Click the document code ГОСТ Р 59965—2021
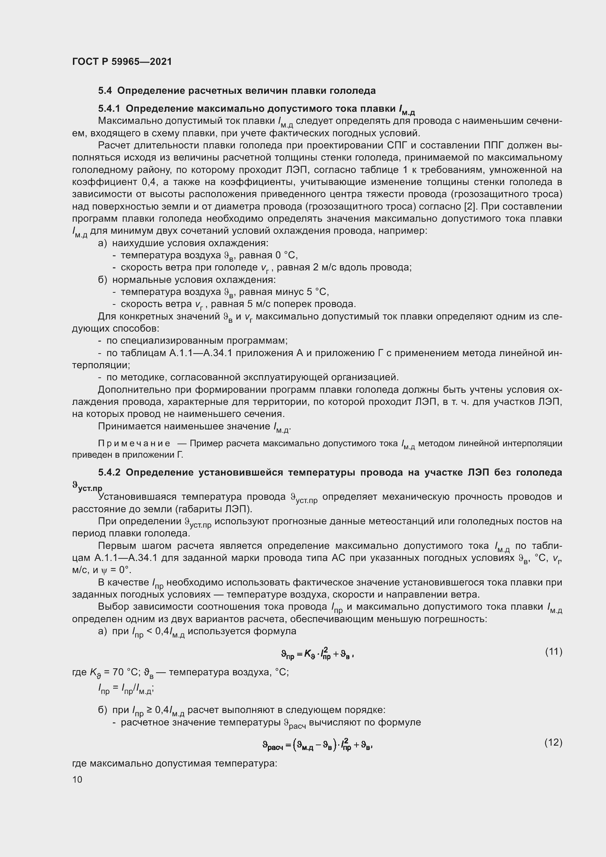pyautogui.click(x=122, y=62)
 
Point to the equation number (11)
pyautogui.click(x=553, y=652)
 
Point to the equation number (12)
pyautogui.click(x=553, y=743)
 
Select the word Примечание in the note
pyautogui.click(x=134, y=443)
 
